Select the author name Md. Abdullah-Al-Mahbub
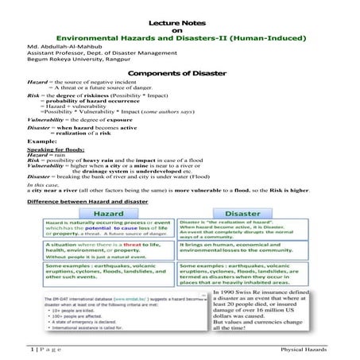[53, 46]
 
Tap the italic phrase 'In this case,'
[45, 184]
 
